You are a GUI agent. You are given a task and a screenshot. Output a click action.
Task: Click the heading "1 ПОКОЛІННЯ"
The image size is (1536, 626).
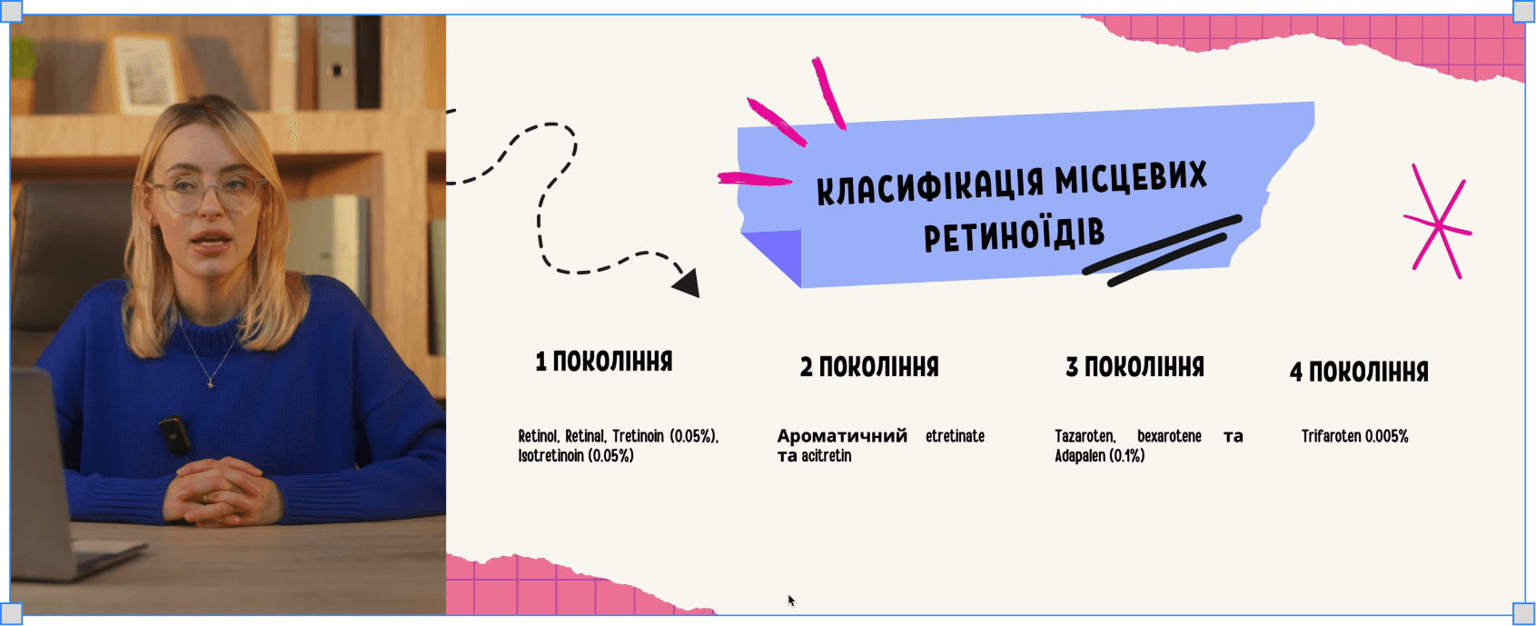point(604,362)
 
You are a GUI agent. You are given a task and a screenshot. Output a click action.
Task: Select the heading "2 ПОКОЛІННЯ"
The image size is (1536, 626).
point(869,367)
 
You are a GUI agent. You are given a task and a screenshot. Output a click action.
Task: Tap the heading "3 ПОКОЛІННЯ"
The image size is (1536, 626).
point(1135,367)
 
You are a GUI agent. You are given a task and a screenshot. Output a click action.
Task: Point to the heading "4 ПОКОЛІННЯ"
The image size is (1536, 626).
point(1359,372)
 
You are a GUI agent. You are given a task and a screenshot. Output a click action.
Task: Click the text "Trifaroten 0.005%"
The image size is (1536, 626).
point(1354,436)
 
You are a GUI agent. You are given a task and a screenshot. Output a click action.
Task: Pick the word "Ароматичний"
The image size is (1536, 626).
point(842,436)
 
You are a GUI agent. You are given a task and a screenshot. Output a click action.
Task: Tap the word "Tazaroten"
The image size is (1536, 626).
point(1085,436)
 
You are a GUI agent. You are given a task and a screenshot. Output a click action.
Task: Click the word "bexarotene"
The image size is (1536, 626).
point(1169,436)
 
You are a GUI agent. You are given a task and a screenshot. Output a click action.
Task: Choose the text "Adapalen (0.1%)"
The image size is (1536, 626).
point(1099,456)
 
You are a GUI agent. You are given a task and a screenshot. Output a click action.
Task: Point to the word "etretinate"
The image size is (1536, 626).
point(955,436)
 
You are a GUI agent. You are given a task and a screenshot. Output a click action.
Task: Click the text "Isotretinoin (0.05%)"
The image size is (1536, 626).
point(576,456)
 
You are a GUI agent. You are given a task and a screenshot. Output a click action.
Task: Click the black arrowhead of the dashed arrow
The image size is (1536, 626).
point(688,283)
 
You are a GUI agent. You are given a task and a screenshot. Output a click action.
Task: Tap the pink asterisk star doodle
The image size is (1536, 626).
point(1438,224)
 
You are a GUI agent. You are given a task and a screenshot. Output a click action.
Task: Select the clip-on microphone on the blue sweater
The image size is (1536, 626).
point(174,433)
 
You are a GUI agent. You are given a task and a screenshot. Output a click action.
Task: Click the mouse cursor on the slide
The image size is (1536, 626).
point(790,600)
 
